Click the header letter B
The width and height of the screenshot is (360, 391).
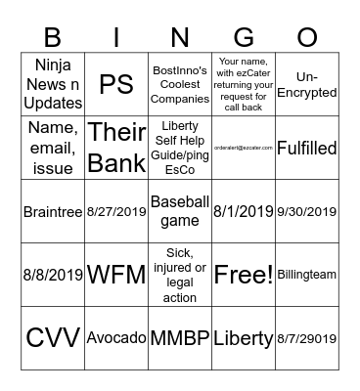(53, 37)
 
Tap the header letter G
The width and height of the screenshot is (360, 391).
(244, 37)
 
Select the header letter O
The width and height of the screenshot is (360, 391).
(307, 37)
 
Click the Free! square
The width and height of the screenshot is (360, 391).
(244, 275)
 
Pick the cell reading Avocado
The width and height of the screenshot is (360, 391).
(116, 338)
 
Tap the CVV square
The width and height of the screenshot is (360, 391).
(53, 338)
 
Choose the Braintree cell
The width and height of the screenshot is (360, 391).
(53, 211)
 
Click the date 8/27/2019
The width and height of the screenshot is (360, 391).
(116, 211)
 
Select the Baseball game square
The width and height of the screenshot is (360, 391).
(180, 211)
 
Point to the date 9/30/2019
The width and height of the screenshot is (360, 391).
(307, 211)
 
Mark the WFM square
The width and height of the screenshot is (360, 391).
(116, 275)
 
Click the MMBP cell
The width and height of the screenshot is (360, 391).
(180, 338)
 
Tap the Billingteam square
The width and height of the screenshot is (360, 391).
(307, 275)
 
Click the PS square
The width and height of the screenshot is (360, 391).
(116, 84)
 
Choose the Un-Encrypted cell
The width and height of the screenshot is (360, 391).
(307, 84)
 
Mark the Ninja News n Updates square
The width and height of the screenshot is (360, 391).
(53, 84)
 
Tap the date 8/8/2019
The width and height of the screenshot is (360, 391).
(53, 275)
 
